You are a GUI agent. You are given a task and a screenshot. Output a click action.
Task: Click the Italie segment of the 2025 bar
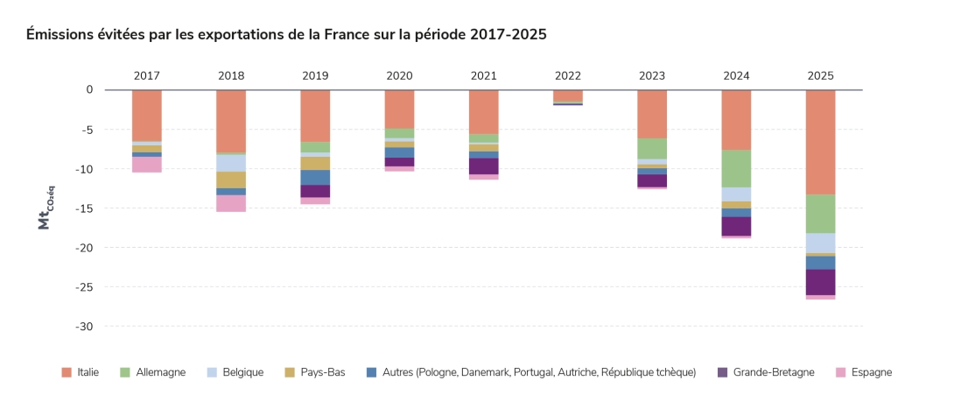[820, 142]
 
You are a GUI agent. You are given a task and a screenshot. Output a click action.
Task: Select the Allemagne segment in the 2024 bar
[736, 168]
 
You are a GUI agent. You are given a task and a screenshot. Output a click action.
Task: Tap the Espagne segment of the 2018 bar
[231, 203]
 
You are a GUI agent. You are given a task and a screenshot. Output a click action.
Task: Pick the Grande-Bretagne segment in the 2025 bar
[820, 282]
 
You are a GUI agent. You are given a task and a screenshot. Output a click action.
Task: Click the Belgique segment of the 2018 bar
[231, 163]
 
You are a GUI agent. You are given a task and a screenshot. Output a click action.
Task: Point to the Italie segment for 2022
[567, 95]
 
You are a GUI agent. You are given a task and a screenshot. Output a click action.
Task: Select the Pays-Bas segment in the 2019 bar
[315, 163]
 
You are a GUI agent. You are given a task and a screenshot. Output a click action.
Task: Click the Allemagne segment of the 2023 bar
[652, 148]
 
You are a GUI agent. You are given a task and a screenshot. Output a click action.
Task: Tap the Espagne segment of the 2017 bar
[147, 165]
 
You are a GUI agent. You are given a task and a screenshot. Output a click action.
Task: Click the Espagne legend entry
[869, 372]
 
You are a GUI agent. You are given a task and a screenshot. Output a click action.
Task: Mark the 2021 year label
[483, 75]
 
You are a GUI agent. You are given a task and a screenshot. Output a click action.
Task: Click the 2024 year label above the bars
[736, 75]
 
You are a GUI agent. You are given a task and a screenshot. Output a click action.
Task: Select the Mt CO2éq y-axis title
[45, 208]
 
